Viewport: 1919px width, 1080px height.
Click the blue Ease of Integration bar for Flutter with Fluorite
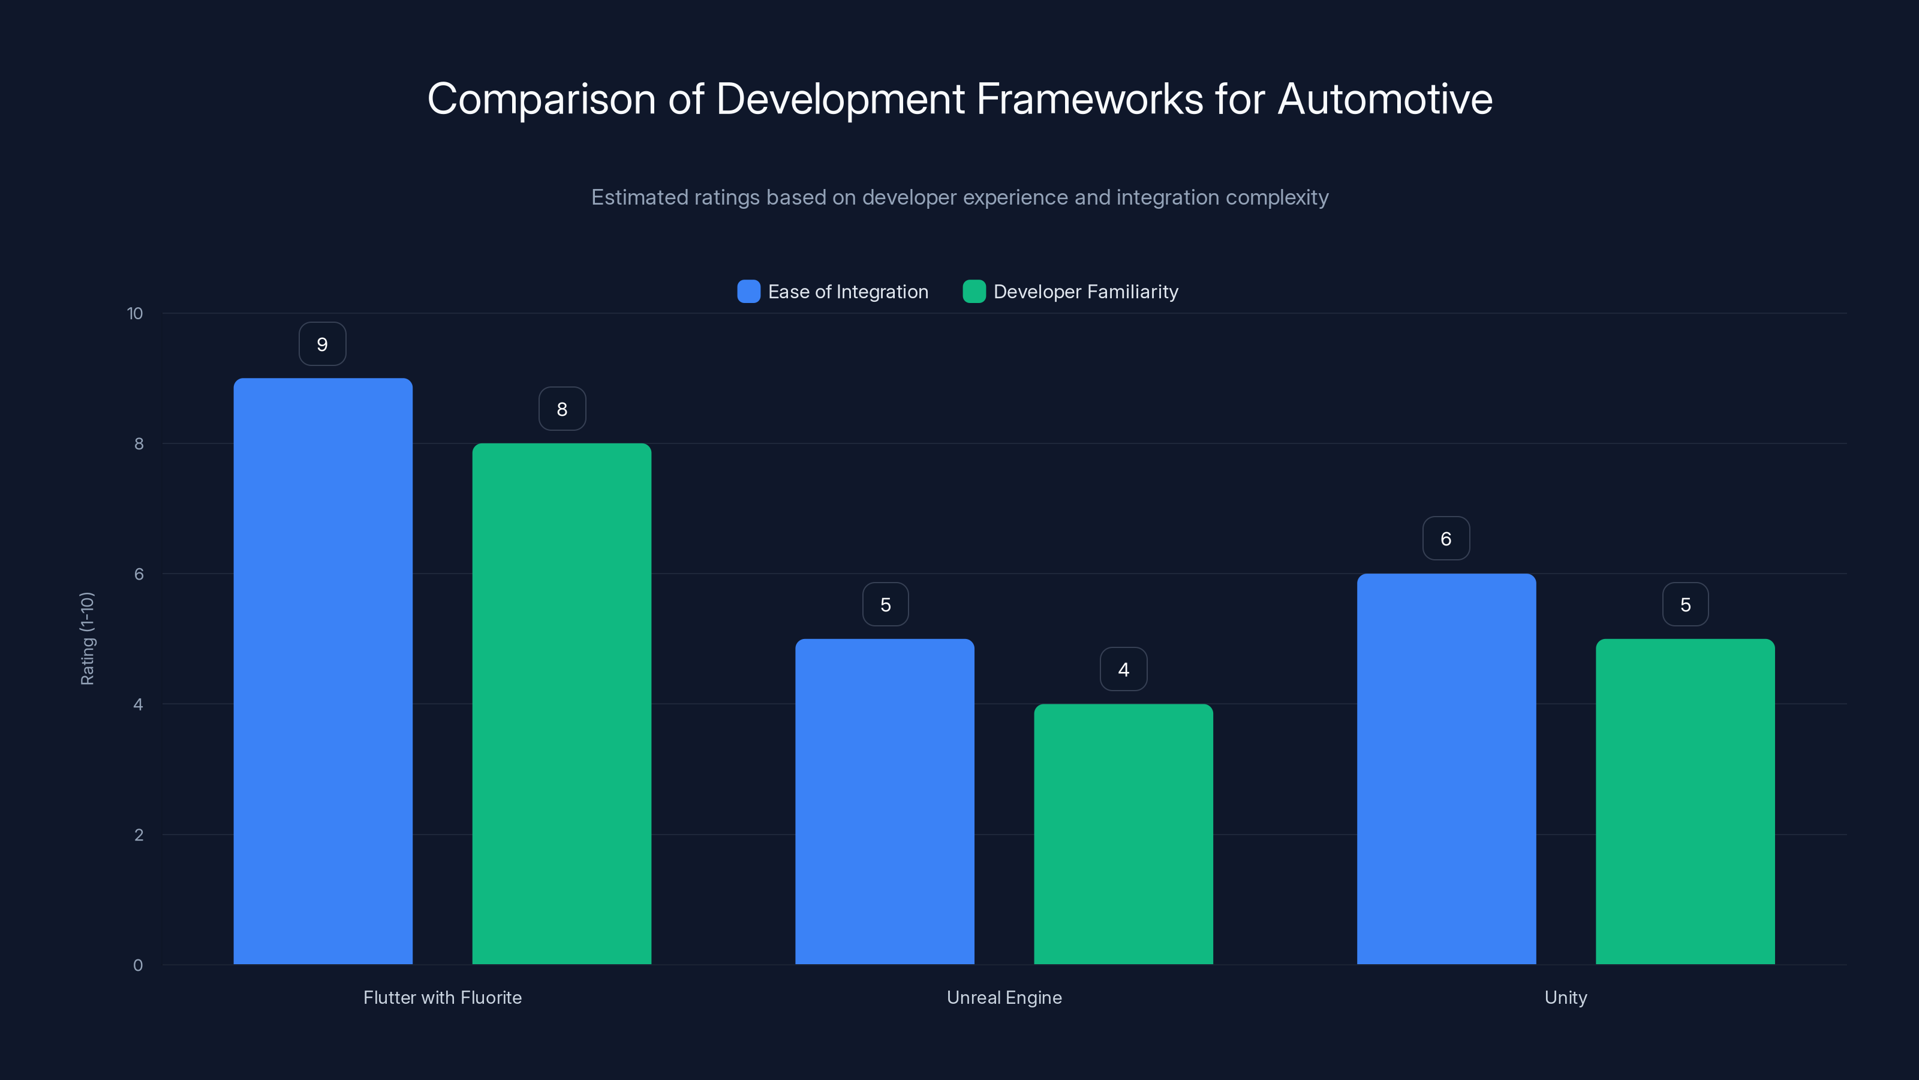[323, 671]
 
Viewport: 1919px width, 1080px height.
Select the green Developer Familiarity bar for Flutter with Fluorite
[562, 704]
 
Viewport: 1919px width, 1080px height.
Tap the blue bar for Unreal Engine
[885, 801]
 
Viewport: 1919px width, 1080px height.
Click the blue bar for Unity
[1446, 769]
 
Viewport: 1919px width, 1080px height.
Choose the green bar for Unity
[1685, 801]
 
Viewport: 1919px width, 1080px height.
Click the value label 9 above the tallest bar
[323, 344]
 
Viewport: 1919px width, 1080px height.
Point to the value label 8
[563, 409]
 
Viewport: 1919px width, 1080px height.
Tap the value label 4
[1123, 670]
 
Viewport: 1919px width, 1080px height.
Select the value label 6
[1446, 539]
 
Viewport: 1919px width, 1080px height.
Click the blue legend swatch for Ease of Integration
[748, 292]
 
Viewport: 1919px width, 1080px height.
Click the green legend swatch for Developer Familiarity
[974, 292]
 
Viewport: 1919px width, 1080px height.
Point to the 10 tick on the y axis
[135, 314]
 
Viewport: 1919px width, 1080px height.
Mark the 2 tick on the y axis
[139, 835]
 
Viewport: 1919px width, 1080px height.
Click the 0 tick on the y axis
[138, 965]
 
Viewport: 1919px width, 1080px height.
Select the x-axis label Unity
[1565, 997]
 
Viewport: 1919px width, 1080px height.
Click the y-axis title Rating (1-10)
[87, 639]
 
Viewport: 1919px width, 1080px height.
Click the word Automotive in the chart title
[1385, 99]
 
